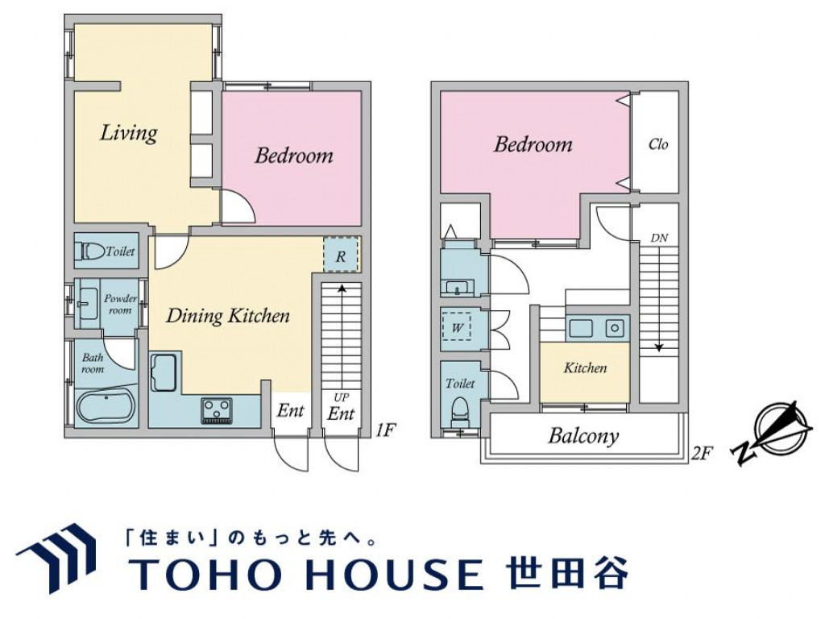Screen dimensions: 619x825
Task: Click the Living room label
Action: click(x=128, y=132)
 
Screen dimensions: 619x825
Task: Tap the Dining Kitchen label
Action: click(x=227, y=315)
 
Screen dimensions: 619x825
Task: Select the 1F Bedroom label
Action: click(x=293, y=155)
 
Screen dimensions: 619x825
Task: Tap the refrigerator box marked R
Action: click(x=341, y=256)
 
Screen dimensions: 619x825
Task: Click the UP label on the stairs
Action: click(x=341, y=397)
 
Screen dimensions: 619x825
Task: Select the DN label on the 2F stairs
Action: click(x=659, y=239)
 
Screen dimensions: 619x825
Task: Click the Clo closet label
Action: click(x=658, y=145)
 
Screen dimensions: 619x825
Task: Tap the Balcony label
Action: click(x=583, y=436)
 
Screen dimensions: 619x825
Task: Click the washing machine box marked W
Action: click(x=458, y=328)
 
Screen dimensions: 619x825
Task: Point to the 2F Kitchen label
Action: click(x=585, y=368)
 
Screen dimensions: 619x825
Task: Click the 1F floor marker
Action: click(x=386, y=430)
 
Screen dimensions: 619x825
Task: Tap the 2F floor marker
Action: click(x=703, y=453)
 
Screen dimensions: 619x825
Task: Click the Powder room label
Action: click(x=120, y=304)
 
